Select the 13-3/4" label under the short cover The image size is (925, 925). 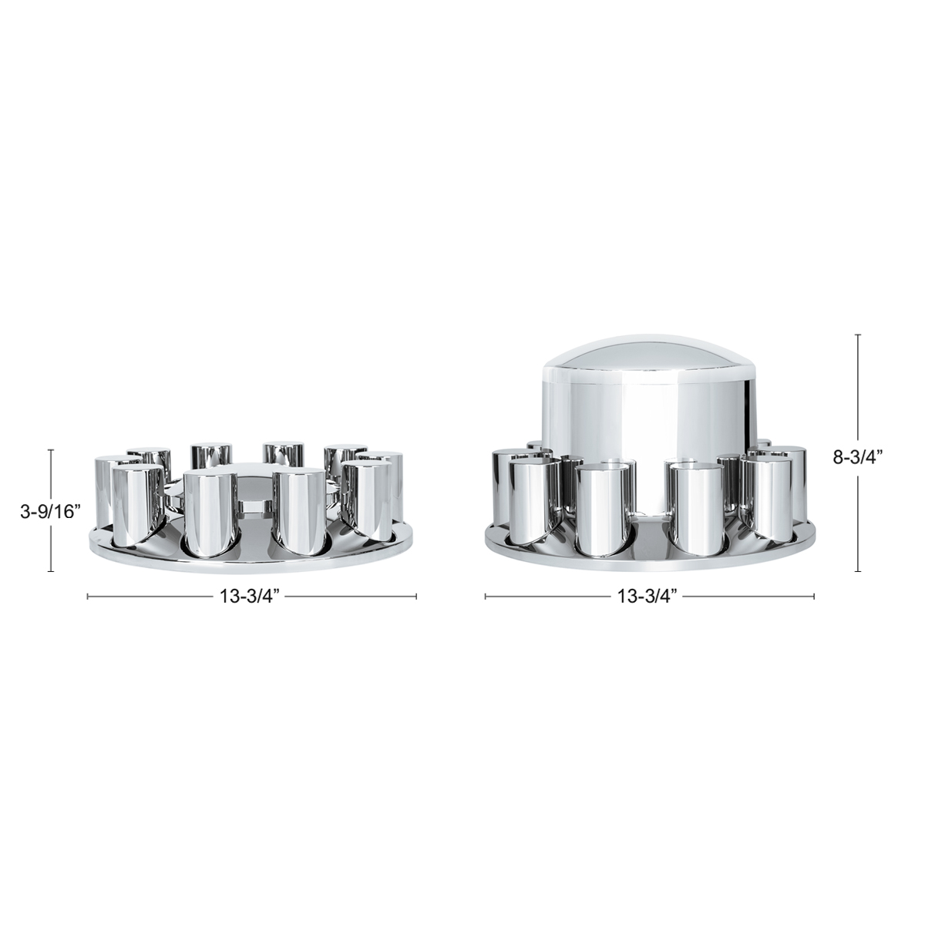(x=252, y=596)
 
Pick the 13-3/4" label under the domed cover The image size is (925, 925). (x=649, y=596)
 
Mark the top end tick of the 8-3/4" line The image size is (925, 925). (x=858, y=335)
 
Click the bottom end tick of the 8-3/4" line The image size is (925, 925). (x=858, y=571)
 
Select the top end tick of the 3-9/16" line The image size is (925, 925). (x=51, y=450)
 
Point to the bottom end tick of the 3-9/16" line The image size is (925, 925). (x=51, y=571)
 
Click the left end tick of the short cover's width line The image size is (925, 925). (x=88, y=596)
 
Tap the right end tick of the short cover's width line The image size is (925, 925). (x=416, y=596)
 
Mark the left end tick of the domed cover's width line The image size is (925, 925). (x=485, y=596)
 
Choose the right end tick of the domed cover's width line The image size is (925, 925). (x=814, y=596)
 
